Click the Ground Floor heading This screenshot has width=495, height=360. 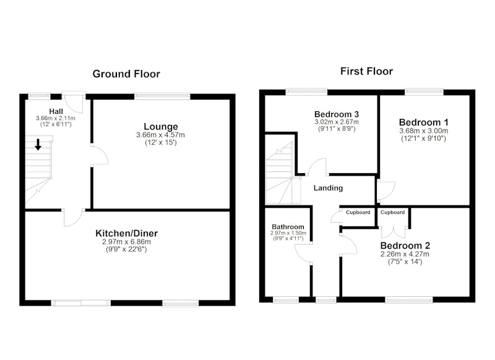point(126,74)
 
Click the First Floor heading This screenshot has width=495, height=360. point(366,71)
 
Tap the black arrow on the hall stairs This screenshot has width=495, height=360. point(38,145)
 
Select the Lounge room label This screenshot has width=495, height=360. point(161,127)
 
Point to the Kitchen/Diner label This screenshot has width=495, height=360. point(127,233)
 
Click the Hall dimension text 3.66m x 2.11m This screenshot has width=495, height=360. point(56,118)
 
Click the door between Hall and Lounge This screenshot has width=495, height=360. point(100,155)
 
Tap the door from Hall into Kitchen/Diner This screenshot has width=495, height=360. point(74,217)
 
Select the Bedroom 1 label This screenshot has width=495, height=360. point(423,122)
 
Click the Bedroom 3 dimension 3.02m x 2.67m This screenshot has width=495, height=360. point(337,122)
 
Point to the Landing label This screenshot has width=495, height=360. point(328,188)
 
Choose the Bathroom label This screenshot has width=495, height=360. point(288,227)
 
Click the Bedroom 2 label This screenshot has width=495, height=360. point(405,246)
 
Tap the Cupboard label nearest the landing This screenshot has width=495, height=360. point(358,212)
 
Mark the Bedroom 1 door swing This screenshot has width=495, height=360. point(385,191)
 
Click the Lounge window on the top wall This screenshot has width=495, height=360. point(163,96)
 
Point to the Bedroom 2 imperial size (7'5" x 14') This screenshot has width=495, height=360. point(405,262)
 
